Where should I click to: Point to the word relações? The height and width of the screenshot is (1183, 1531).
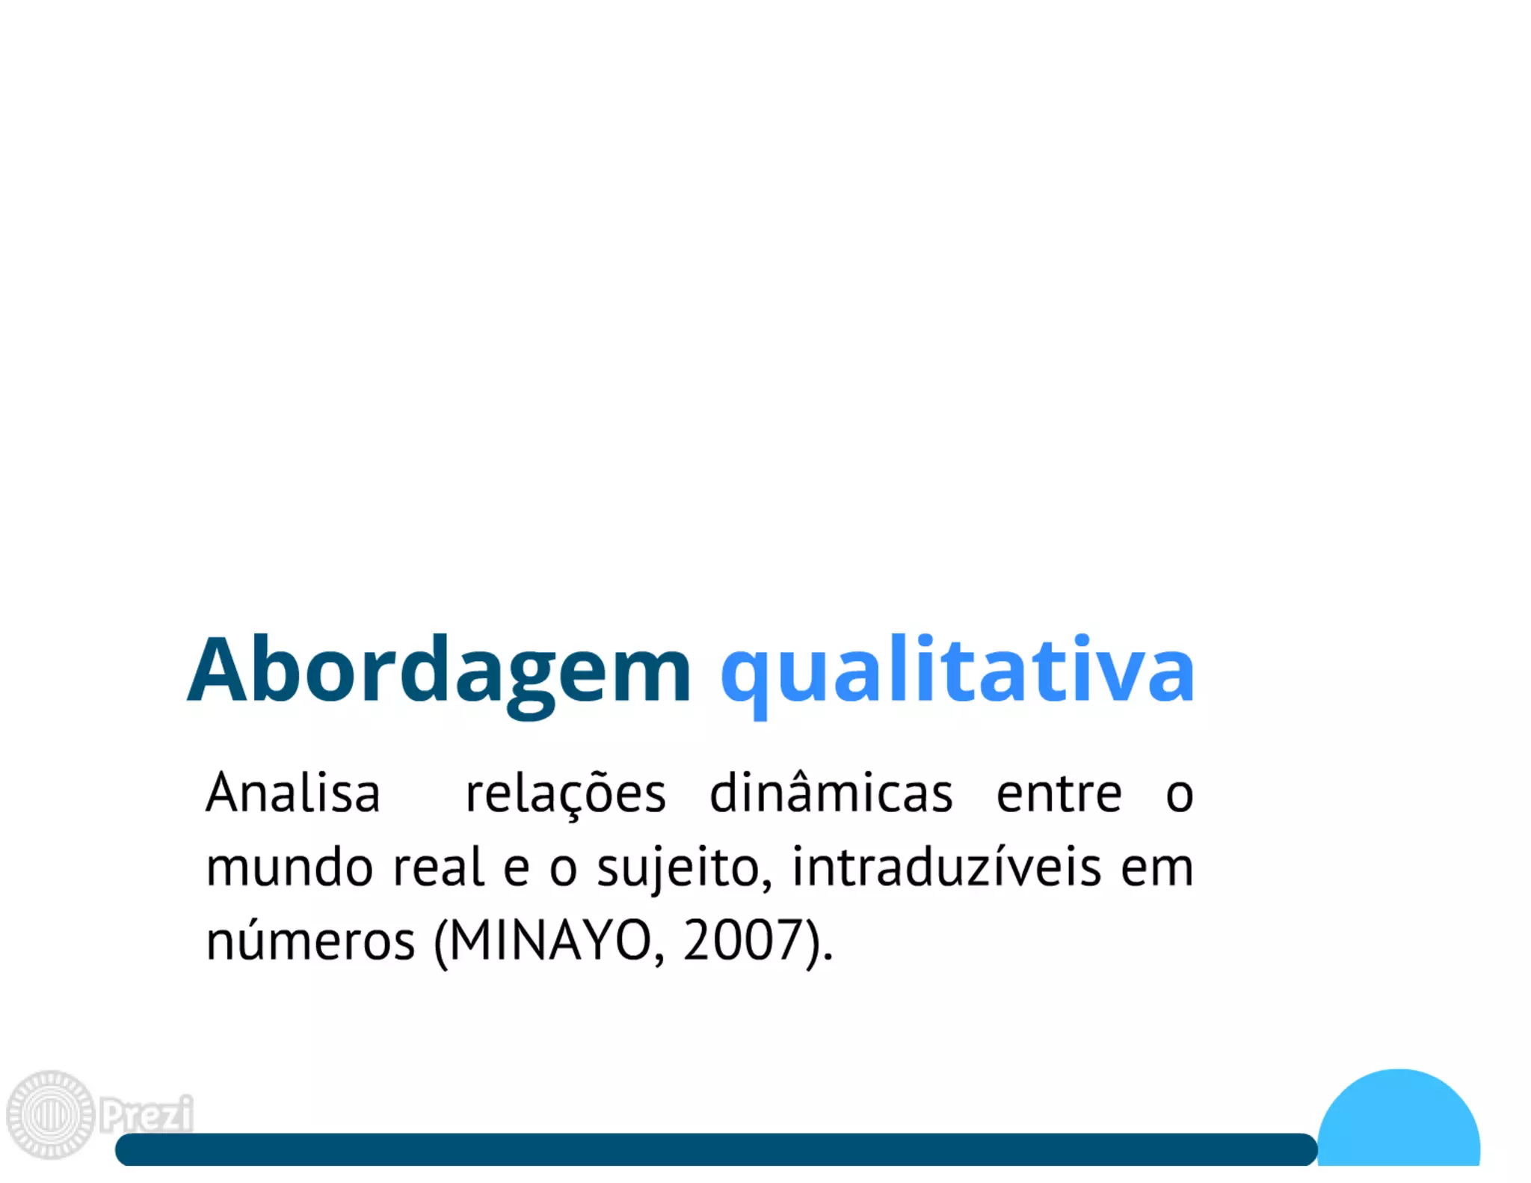(565, 794)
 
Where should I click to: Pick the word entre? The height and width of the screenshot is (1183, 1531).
(1059, 794)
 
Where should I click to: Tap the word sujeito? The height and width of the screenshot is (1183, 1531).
(684, 869)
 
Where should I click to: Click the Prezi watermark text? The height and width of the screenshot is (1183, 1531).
(147, 1114)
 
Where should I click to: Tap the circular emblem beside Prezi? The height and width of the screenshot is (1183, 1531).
(51, 1114)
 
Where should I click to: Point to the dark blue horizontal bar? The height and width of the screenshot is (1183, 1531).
(716, 1149)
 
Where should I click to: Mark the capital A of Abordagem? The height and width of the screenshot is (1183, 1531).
(217, 671)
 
